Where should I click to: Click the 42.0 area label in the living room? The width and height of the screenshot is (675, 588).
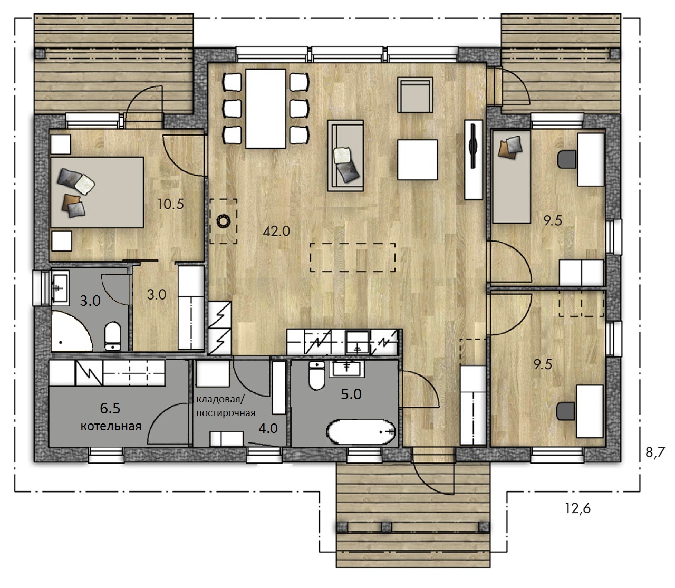[x=276, y=232]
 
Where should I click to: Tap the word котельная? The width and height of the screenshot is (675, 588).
[x=111, y=427]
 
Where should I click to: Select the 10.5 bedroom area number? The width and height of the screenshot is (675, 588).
[x=170, y=205]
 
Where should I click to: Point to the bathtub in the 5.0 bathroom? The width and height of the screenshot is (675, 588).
[x=361, y=432]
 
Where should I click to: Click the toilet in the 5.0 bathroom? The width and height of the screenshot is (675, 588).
[x=317, y=375]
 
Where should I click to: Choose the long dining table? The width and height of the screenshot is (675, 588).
[x=266, y=109]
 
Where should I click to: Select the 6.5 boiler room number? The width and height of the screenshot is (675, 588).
[x=110, y=408]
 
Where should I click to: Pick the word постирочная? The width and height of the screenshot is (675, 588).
[x=226, y=413]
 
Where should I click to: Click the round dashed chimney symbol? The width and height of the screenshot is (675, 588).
[x=224, y=220]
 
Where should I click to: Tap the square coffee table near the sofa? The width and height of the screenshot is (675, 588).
[x=417, y=160]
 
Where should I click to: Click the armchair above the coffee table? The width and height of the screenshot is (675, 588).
[x=415, y=95]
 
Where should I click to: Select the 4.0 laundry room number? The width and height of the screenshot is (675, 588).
[x=268, y=428]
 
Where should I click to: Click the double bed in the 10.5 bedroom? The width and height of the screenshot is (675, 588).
[x=97, y=192]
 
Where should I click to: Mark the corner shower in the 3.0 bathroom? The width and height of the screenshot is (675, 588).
[x=71, y=331]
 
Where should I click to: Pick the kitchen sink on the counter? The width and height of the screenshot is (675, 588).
[x=357, y=342]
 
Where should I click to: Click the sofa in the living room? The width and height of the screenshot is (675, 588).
[x=345, y=156]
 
